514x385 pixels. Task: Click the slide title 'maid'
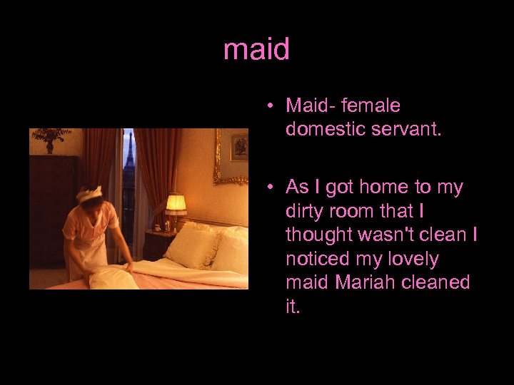point(256,50)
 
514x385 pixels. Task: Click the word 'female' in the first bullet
point(371,106)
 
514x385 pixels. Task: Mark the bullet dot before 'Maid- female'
point(272,106)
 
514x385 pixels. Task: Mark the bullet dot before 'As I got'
point(272,188)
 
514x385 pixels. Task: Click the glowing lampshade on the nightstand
point(176,202)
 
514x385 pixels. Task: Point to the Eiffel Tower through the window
point(129,154)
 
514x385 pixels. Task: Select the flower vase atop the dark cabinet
point(50,140)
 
